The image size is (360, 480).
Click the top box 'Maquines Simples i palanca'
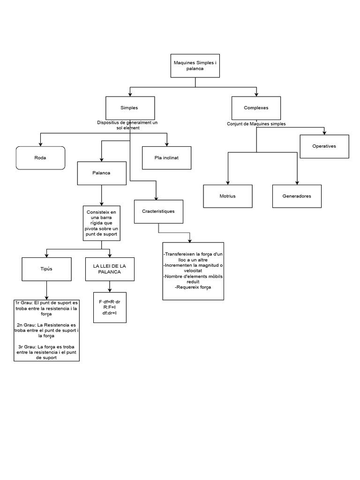click(195, 66)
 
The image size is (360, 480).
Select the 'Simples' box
click(129, 108)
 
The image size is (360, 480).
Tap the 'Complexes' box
click(256, 108)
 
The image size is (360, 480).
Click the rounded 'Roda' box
click(40, 158)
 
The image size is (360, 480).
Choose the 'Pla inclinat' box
click(166, 157)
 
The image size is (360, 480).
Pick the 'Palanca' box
click(102, 173)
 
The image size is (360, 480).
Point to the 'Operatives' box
click(324, 146)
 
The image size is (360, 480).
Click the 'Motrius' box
click(228, 196)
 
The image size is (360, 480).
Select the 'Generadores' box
click(297, 196)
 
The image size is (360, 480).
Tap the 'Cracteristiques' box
click(158, 211)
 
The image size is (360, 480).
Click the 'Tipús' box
click(46, 269)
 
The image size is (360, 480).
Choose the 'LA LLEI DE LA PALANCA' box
click(110, 269)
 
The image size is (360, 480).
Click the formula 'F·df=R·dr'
click(110, 302)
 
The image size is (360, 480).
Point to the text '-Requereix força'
click(193, 287)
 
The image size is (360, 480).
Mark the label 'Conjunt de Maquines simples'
click(256, 124)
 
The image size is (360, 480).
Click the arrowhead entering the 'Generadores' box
click(297, 182)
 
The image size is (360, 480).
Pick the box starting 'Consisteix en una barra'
click(102, 223)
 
